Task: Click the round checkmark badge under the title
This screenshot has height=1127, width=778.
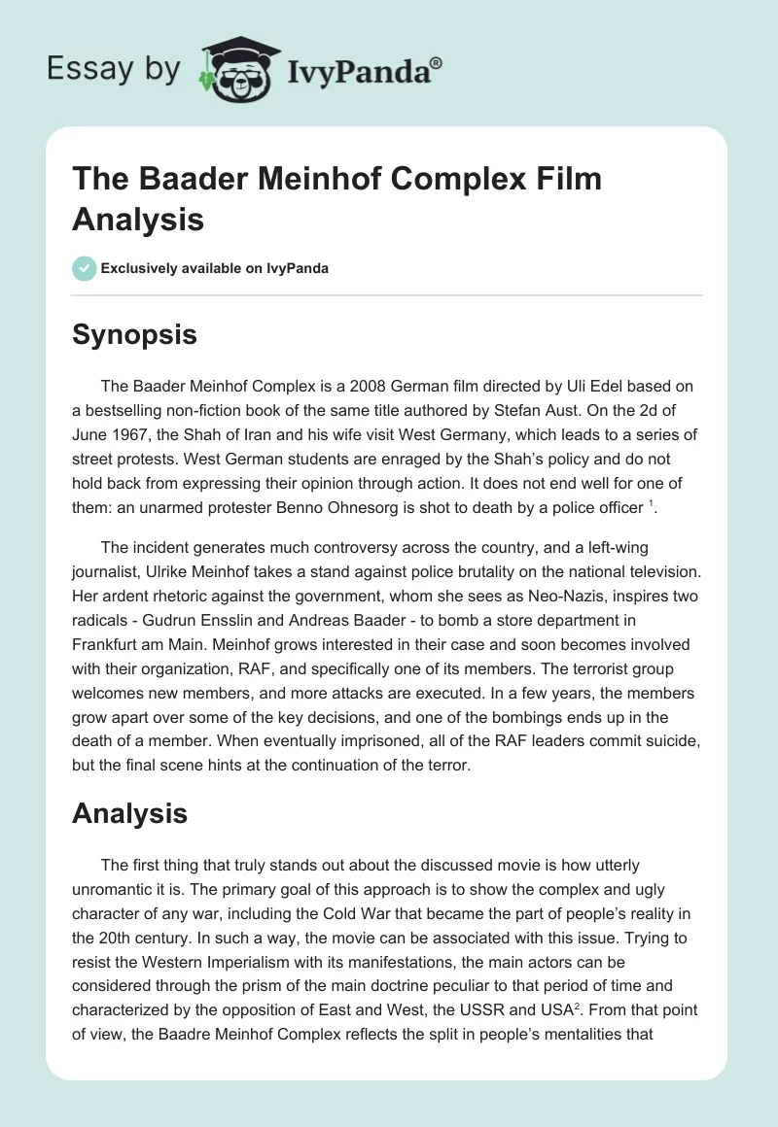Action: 86,268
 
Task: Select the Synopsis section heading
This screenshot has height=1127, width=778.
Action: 134,335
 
